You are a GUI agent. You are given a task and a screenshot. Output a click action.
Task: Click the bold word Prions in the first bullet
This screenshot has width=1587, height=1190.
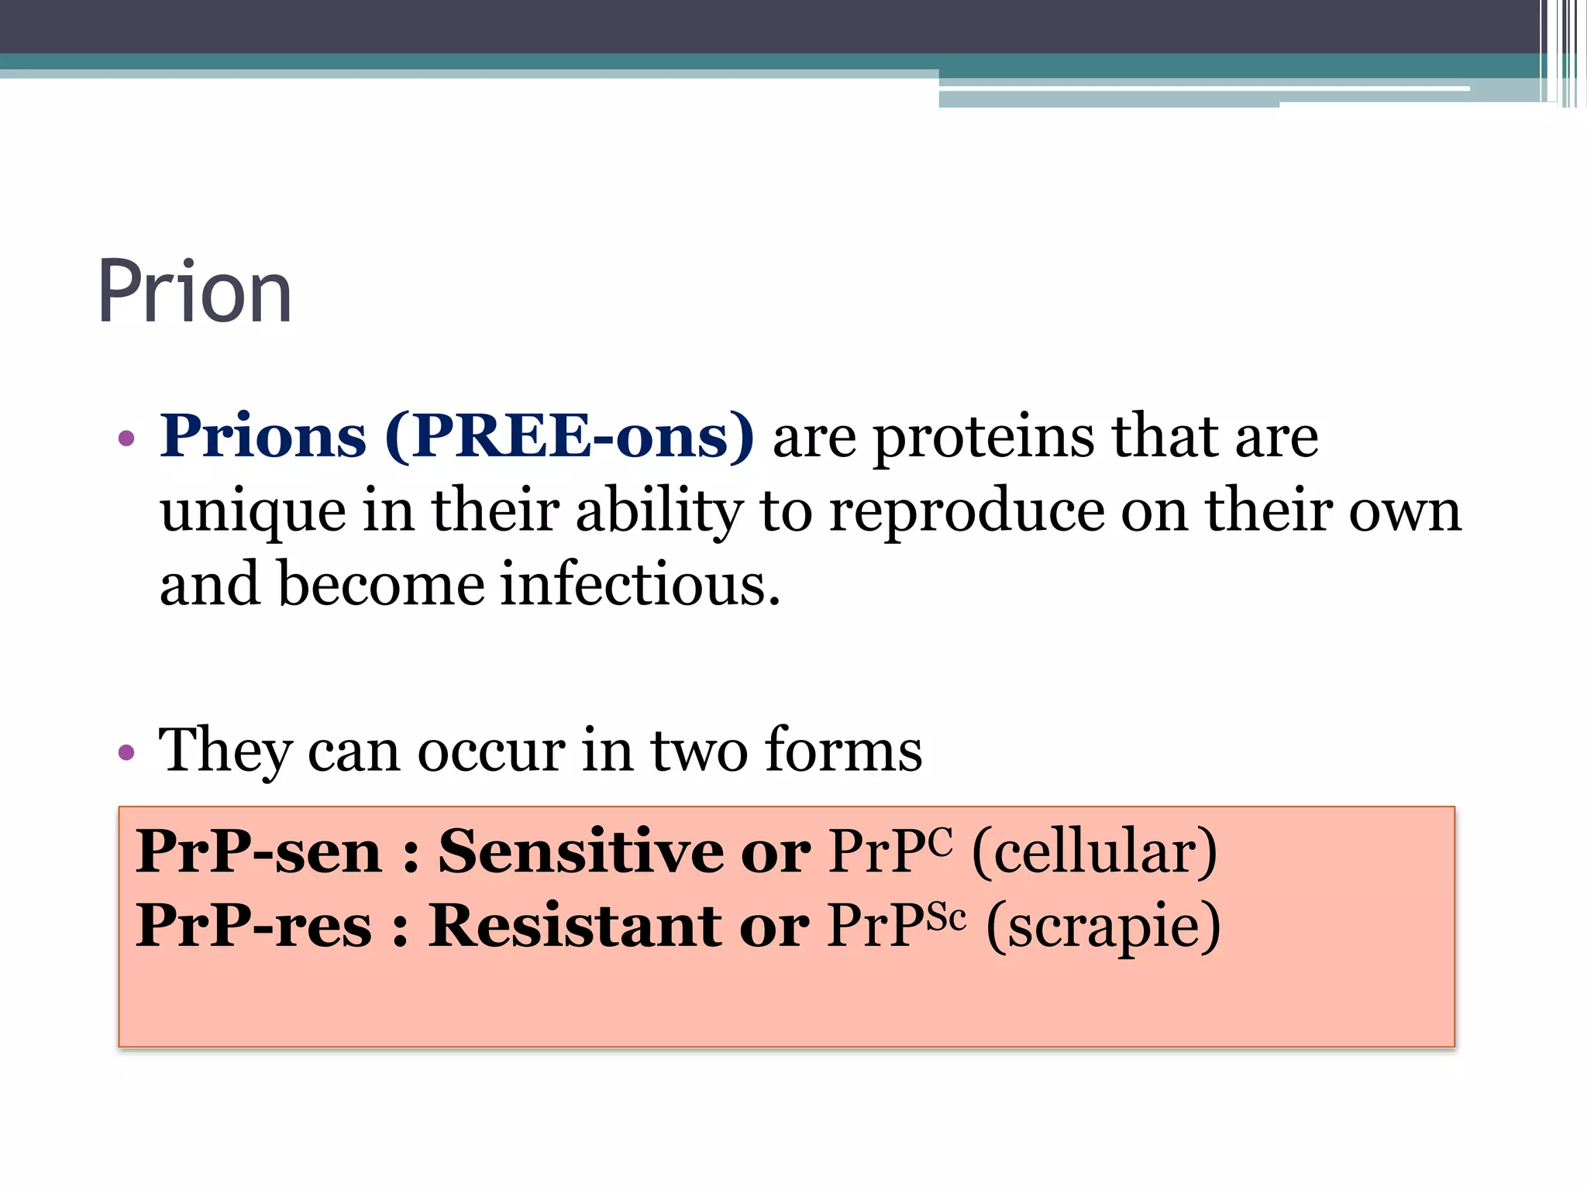tap(263, 436)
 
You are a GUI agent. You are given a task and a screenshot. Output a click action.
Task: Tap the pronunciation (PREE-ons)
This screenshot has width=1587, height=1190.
tap(570, 438)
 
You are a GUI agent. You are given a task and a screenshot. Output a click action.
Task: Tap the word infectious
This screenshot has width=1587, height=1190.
tap(640, 584)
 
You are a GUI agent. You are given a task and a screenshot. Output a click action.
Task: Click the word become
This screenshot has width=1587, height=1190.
tap(380, 584)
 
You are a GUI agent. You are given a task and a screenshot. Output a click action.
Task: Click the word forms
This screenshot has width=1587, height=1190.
tap(843, 750)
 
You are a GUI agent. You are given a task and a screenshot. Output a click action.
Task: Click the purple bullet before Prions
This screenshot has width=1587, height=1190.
tap(126, 439)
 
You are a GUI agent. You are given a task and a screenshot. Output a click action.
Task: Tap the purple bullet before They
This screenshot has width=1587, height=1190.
tap(126, 751)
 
